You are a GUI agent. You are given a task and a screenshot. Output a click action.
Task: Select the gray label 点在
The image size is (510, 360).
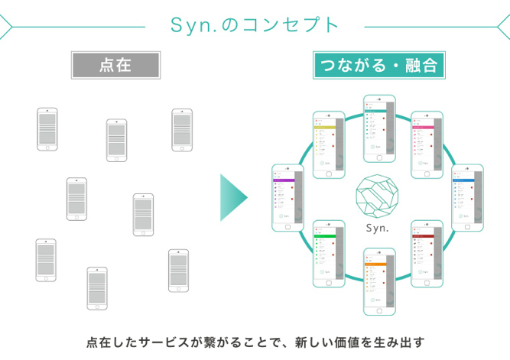pyautogui.click(x=115, y=66)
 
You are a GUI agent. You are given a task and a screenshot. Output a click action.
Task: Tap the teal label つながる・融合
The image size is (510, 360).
pyautogui.click(x=378, y=66)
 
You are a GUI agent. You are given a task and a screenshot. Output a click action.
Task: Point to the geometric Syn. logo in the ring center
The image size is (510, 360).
pyautogui.click(x=378, y=195)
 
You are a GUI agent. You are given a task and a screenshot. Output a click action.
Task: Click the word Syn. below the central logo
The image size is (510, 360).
pyautogui.click(x=378, y=229)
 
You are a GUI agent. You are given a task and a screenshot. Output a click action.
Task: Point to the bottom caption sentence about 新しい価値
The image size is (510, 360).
pyautogui.click(x=255, y=340)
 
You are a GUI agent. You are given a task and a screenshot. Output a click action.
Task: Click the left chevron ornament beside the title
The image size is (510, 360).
pyautogui.click(x=5, y=24)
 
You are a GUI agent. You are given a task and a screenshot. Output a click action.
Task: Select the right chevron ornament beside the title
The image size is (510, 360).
pyautogui.click(x=504, y=24)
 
